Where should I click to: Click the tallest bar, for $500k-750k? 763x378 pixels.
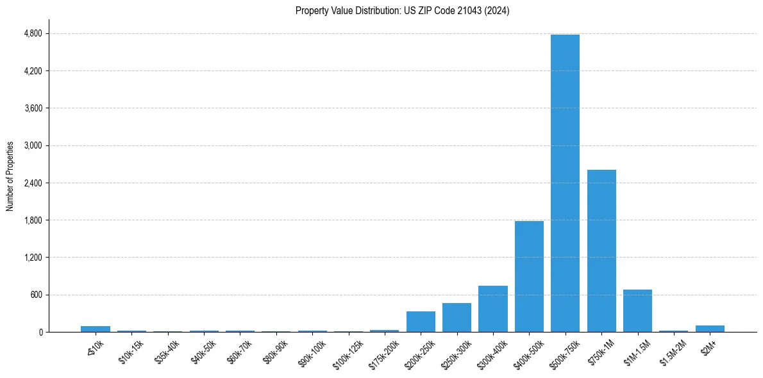tap(565, 183)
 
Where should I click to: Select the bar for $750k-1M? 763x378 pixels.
tap(601, 251)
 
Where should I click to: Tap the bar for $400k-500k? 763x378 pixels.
tap(529, 276)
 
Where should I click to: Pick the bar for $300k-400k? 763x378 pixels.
tap(492, 309)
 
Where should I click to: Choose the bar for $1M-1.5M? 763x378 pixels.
tap(637, 311)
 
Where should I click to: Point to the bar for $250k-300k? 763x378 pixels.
tap(457, 317)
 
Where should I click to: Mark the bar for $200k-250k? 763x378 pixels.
tap(421, 322)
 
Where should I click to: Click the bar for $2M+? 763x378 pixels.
tap(710, 329)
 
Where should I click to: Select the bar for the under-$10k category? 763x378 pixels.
tap(96, 329)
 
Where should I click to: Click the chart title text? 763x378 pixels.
tap(402, 11)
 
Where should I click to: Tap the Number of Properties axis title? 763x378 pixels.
tap(10, 176)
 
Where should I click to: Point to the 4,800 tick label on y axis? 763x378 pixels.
tap(33, 33)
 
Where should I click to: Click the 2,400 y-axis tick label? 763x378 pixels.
tap(33, 183)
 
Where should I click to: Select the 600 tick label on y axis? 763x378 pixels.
tap(36, 295)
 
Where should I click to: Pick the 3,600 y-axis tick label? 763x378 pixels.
tap(33, 108)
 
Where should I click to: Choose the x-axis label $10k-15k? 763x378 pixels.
tap(131, 350)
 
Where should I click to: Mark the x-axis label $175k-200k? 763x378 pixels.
tap(383, 352)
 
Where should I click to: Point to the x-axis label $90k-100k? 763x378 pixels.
tap(312, 351)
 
